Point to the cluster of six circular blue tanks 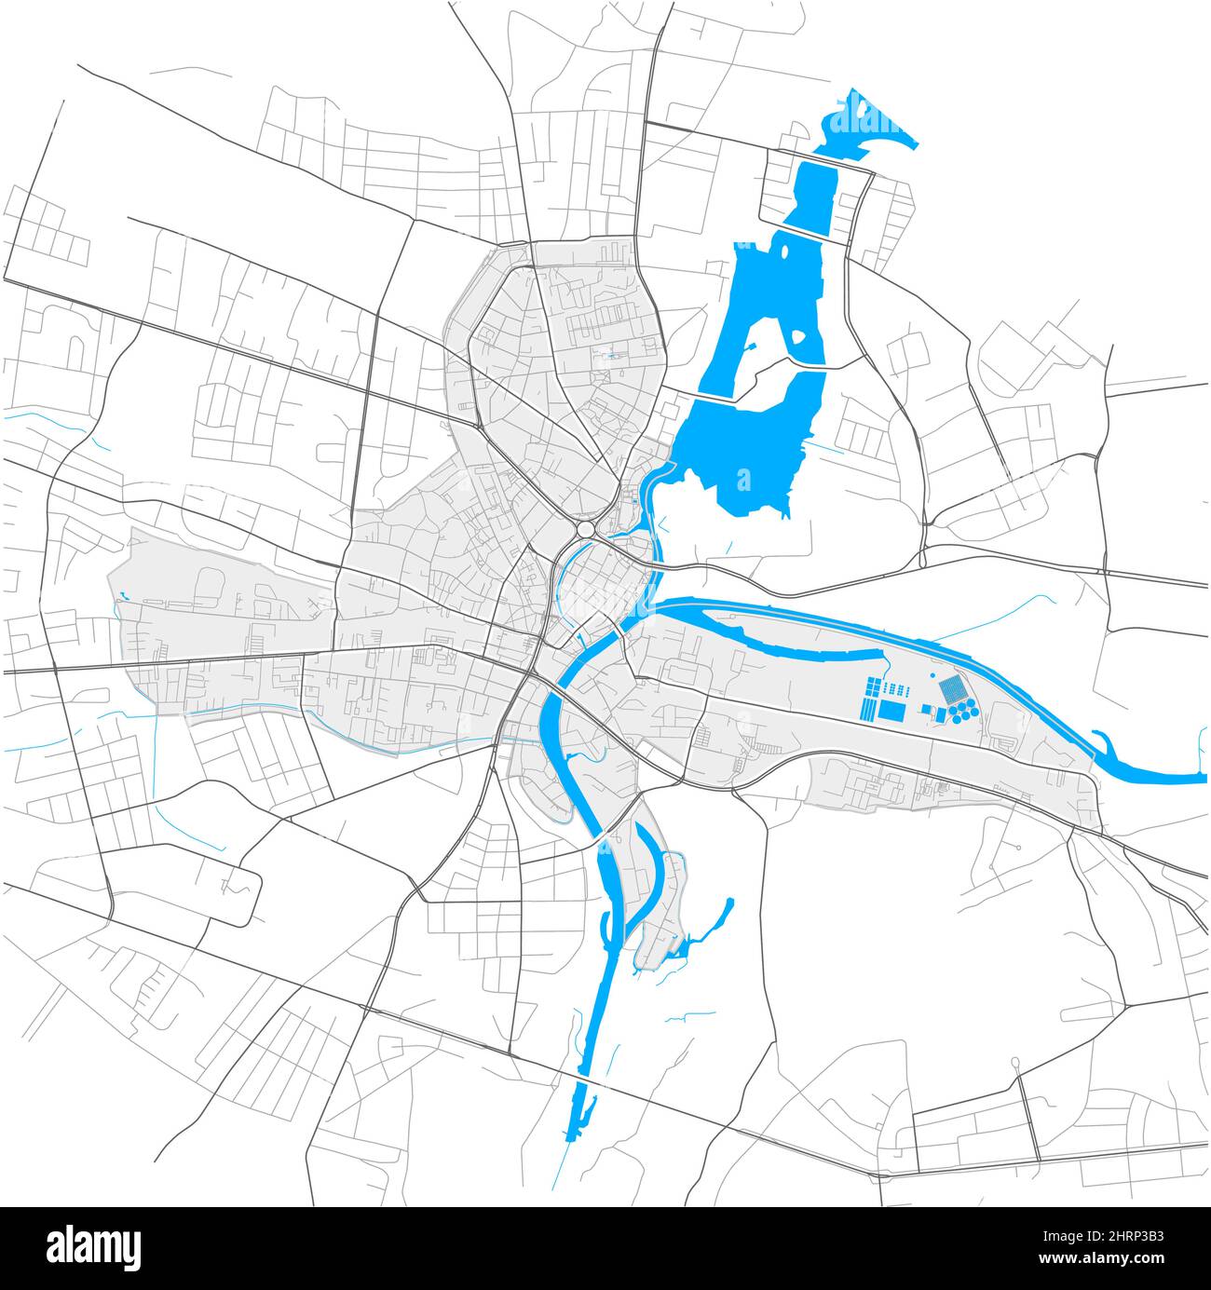(x=962, y=713)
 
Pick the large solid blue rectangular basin (x=891, y=711)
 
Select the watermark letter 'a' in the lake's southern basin (x=742, y=480)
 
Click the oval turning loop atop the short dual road (x=1014, y=1063)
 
